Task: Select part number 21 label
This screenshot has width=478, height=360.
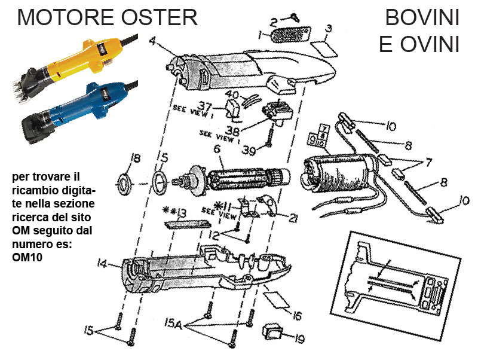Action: tap(293, 219)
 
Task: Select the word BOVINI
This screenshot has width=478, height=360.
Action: tap(422, 17)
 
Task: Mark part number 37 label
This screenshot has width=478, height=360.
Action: tap(206, 106)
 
